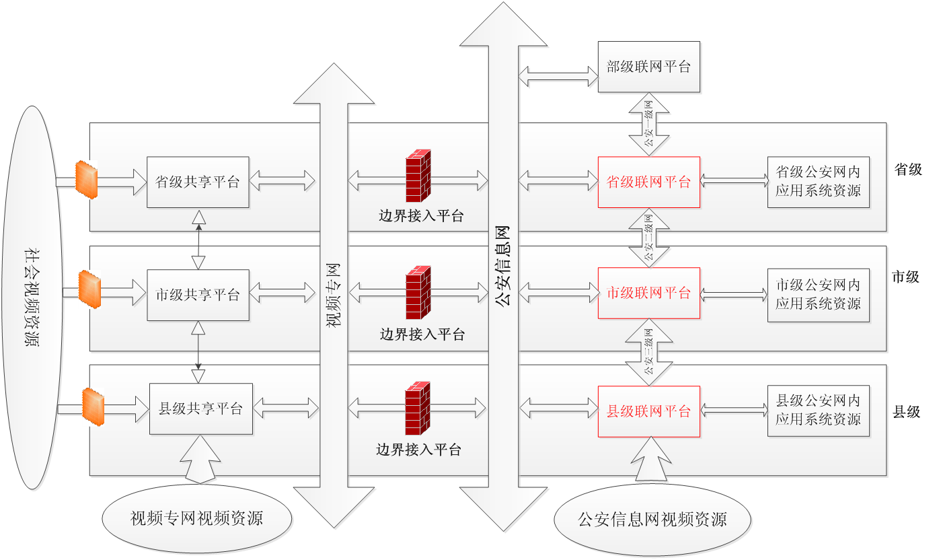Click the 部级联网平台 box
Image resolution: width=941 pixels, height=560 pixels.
(x=649, y=67)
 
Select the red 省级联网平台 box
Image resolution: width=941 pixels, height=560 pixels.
(x=649, y=182)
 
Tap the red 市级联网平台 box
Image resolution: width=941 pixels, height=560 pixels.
(x=649, y=293)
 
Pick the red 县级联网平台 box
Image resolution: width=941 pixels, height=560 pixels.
(x=649, y=411)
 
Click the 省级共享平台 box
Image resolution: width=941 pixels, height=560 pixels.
(x=198, y=182)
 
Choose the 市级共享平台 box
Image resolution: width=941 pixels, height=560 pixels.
(x=198, y=295)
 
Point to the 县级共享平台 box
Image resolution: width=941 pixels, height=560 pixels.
(x=200, y=409)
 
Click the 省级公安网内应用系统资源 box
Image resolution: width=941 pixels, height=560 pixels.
(x=817, y=182)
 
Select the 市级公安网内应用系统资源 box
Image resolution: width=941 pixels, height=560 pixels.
(x=817, y=294)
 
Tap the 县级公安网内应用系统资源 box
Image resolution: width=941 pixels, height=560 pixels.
(x=818, y=410)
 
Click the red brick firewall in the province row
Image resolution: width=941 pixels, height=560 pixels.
(x=418, y=176)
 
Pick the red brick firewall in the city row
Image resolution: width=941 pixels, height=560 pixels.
(x=418, y=293)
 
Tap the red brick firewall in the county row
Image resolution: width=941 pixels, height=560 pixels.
(x=417, y=409)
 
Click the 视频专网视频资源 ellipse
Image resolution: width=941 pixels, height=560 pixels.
(x=197, y=518)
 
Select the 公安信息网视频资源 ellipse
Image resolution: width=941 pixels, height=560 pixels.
(x=652, y=520)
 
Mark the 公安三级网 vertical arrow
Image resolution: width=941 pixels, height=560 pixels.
(x=649, y=351)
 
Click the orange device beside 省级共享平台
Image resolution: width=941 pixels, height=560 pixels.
(x=86, y=179)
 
